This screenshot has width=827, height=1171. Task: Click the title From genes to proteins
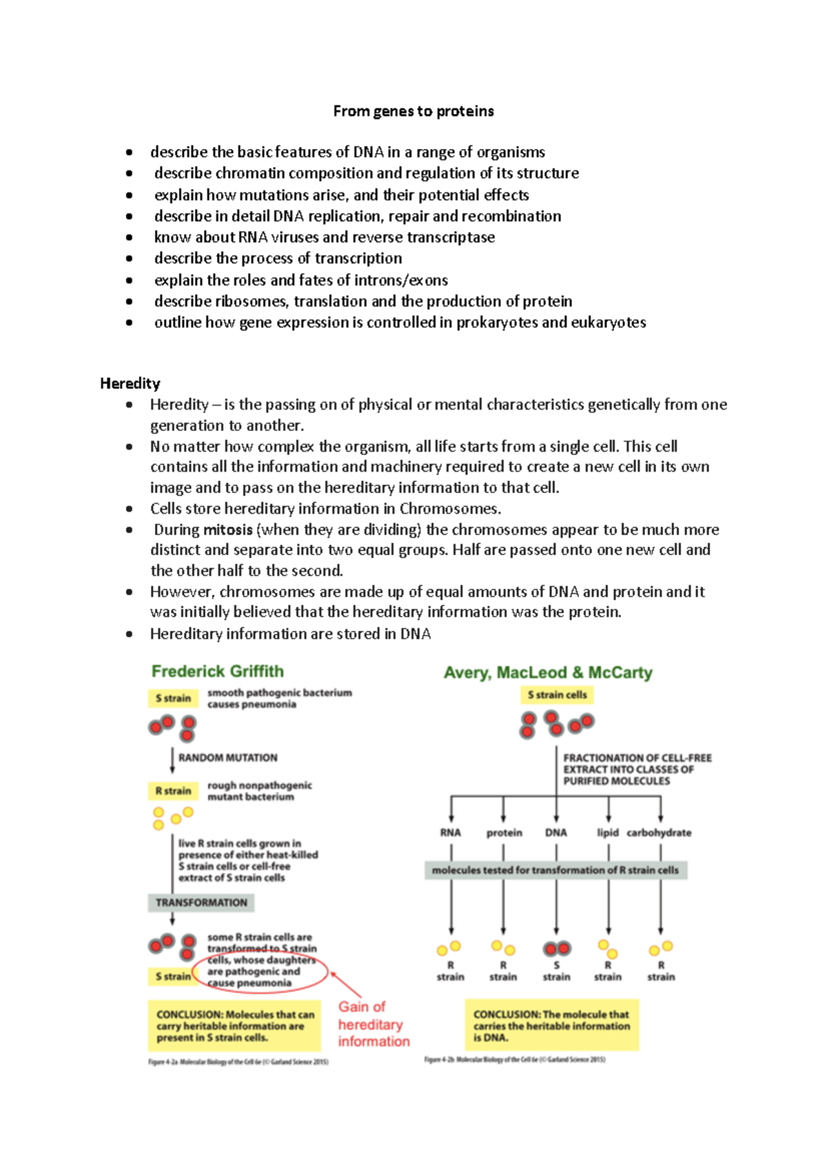pyautogui.click(x=413, y=112)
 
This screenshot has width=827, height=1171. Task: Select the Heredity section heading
pyautogui.click(x=130, y=383)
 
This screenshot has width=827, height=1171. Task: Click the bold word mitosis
pyautogui.click(x=227, y=530)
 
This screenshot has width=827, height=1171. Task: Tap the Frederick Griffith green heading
pyautogui.click(x=217, y=671)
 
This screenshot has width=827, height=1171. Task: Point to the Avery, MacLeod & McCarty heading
pyautogui.click(x=548, y=672)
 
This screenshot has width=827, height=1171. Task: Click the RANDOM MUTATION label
pyautogui.click(x=227, y=757)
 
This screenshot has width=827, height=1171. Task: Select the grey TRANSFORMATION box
pyautogui.click(x=201, y=902)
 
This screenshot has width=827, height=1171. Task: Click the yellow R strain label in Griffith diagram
pyautogui.click(x=173, y=791)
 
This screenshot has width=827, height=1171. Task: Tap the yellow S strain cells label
pyautogui.click(x=557, y=695)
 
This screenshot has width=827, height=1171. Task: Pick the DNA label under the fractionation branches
pyautogui.click(x=555, y=832)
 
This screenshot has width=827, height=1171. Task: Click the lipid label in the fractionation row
pyautogui.click(x=607, y=832)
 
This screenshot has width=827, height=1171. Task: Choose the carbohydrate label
pyautogui.click(x=659, y=832)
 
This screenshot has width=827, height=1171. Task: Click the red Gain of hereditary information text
pyautogui.click(x=373, y=1024)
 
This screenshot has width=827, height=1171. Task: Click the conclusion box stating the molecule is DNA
pyautogui.click(x=551, y=1025)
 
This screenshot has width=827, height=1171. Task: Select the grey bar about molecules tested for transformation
pyautogui.click(x=555, y=870)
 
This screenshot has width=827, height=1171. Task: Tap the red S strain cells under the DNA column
pyautogui.click(x=556, y=949)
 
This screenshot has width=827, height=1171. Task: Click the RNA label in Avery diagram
pyautogui.click(x=450, y=832)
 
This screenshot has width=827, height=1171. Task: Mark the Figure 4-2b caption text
pyautogui.click(x=514, y=1059)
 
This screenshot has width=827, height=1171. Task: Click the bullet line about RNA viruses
pyautogui.click(x=324, y=237)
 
